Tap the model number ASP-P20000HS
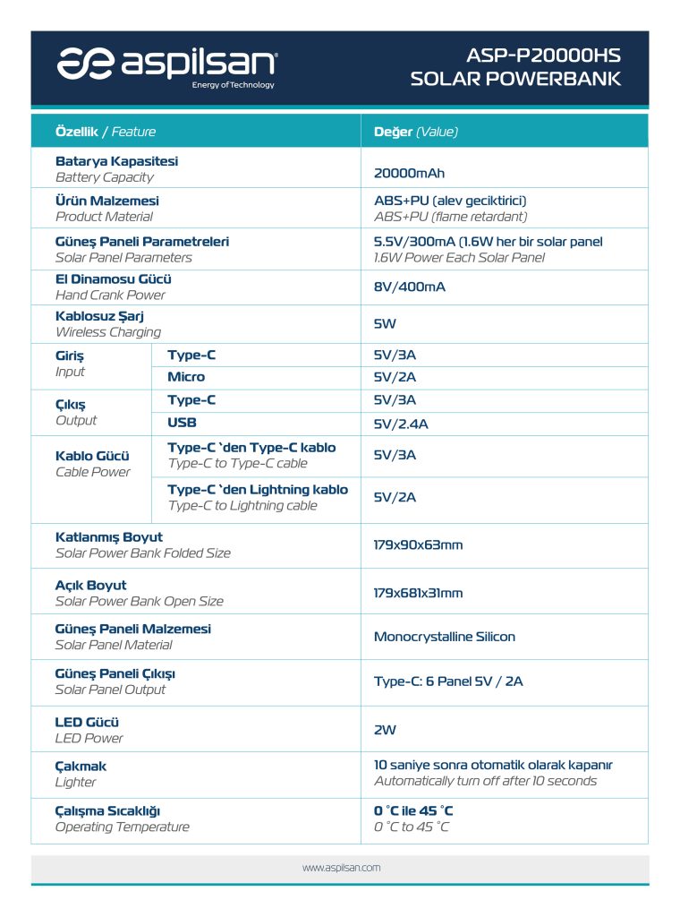[x=544, y=56]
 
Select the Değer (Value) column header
[x=415, y=132]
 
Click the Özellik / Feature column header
[x=106, y=132]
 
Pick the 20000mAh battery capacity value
[x=409, y=173]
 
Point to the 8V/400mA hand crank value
[x=409, y=287]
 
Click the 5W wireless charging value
[x=385, y=323]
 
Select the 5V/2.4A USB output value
[x=401, y=424]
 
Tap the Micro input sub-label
[x=186, y=377]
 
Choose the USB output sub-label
[x=182, y=422]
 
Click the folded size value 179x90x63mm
[x=418, y=544]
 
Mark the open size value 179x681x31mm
[x=418, y=593]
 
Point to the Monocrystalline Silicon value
[x=444, y=637]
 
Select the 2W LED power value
[x=385, y=729]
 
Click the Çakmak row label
[x=81, y=767]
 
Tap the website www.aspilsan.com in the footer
[x=341, y=868]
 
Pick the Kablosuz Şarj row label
[x=99, y=315]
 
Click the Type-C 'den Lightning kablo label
[x=258, y=490]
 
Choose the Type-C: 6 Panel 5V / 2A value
[x=448, y=681]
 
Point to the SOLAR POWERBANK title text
[x=515, y=79]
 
